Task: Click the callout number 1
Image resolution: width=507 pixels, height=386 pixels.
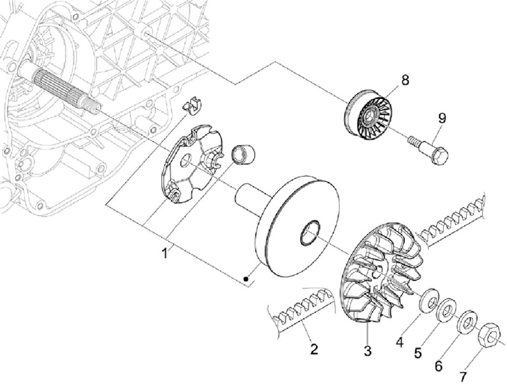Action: [x=165, y=253]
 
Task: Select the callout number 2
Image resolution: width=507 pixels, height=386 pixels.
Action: [x=313, y=349]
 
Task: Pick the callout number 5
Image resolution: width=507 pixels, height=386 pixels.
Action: [x=418, y=353]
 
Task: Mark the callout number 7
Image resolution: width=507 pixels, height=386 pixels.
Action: [x=463, y=376]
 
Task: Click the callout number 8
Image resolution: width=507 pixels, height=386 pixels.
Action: [x=405, y=80]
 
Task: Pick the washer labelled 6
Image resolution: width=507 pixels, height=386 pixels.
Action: [x=466, y=323]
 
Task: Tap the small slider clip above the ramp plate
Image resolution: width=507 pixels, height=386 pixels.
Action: [x=193, y=104]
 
